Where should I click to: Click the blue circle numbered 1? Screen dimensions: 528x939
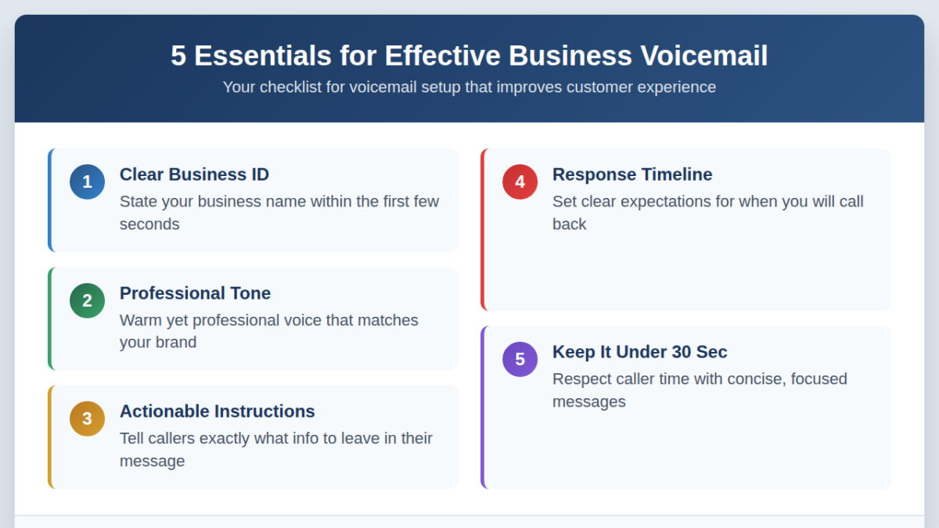[87, 182]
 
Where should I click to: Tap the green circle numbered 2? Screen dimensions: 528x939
[87, 300]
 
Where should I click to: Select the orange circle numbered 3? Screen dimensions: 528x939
[87, 418]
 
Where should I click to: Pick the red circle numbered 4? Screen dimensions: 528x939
[520, 182]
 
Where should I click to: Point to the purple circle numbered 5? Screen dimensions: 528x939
[520, 359]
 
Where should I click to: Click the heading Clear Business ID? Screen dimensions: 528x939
[194, 174]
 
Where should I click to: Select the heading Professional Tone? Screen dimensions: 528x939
[195, 293]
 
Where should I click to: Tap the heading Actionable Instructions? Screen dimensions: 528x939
[217, 411]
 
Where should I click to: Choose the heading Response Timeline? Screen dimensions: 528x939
[632, 174]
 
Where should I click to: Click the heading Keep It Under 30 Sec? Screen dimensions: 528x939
[639, 352]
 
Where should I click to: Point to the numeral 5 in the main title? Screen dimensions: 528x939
[178, 56]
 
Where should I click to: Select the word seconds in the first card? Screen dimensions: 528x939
[149, 224]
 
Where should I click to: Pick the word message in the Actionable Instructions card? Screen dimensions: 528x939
[152, 462]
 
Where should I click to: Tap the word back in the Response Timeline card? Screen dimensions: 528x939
[569, 224]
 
